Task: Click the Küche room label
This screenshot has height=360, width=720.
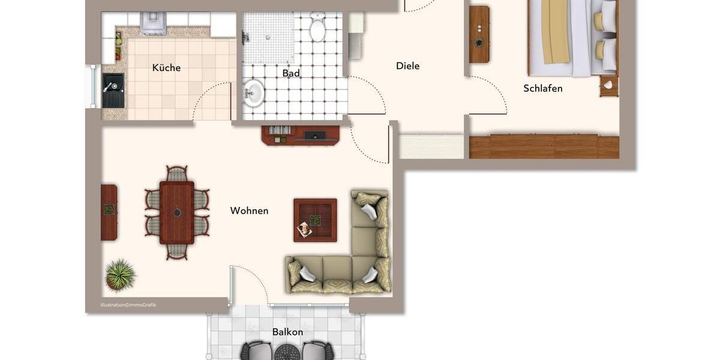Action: click(x=166, y=68)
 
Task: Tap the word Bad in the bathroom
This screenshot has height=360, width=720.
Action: click(x=291, y=73)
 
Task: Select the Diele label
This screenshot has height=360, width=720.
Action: click(x=407, y=66)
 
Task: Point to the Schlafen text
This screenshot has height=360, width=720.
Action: click(x=542, y=88)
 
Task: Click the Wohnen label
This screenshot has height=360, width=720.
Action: click(x=249, y=211)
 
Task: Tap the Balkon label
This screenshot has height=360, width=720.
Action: click(x=287, y=332)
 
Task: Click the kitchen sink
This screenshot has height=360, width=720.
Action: click(x=113, y=90)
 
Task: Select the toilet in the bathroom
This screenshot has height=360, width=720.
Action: click(x=317, y=27)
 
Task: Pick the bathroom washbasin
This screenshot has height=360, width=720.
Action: click(x=253, y=93)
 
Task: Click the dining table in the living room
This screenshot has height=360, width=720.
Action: click(x=177, y=212)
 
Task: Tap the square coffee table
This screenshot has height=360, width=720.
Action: click(x=315, y=220)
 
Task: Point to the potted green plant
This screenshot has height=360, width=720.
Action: click(x=120, y=275)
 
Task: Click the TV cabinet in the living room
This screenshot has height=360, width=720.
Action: click(x=301, y=135)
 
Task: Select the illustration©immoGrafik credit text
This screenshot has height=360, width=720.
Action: click(x=128, y=305)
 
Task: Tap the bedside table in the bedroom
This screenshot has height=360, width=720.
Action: click(x=608, y=86)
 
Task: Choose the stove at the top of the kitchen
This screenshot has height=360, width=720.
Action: click(x=153, y=23)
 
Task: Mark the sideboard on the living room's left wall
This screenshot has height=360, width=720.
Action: click(x=109, y=212)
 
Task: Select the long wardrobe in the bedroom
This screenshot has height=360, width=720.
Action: click(x=544, y=146)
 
